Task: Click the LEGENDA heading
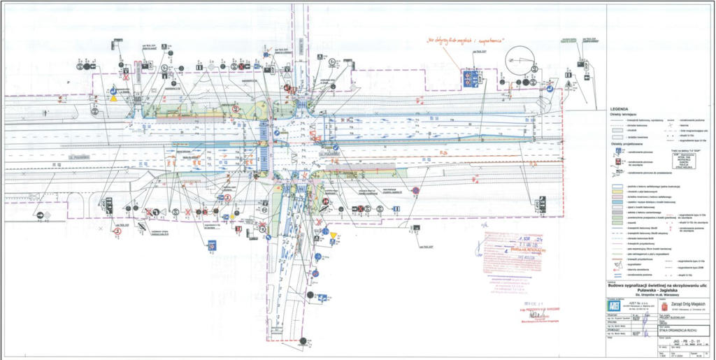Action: pos(620,110)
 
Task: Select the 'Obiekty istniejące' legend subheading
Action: pos(624,114)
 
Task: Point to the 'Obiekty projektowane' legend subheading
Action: pos(624,146)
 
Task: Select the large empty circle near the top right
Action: pos(520,61)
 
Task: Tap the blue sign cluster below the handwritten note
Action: pos(471,78)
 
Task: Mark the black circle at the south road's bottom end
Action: pos(303,340)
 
